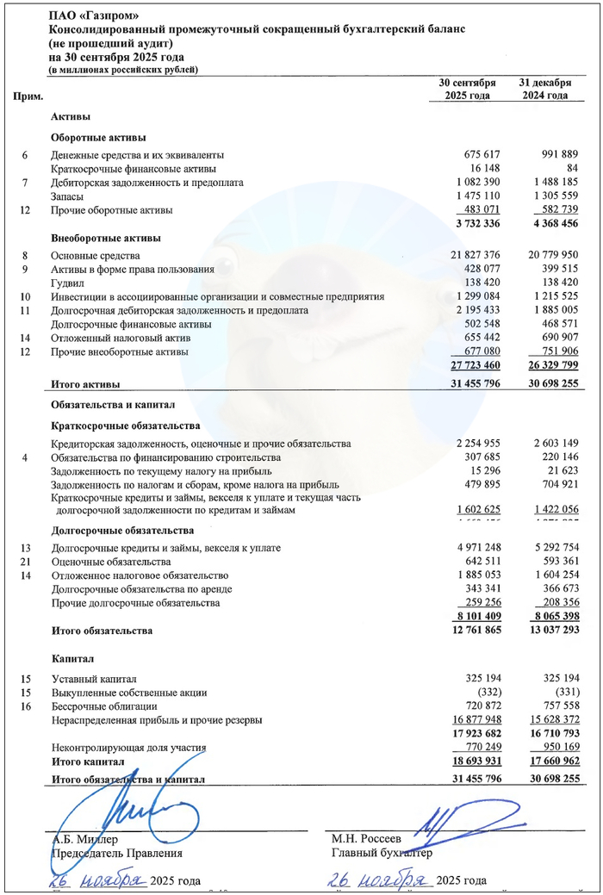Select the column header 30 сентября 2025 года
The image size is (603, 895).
pos(468,90)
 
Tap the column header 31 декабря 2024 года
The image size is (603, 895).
pos(544,90)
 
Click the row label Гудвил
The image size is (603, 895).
pos(70,283)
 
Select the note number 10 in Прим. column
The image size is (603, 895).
pos(25,296)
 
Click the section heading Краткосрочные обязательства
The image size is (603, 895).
pos(126,426)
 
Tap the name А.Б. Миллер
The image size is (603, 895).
pos(84,838)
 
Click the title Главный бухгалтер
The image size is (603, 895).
pos(382,853)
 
